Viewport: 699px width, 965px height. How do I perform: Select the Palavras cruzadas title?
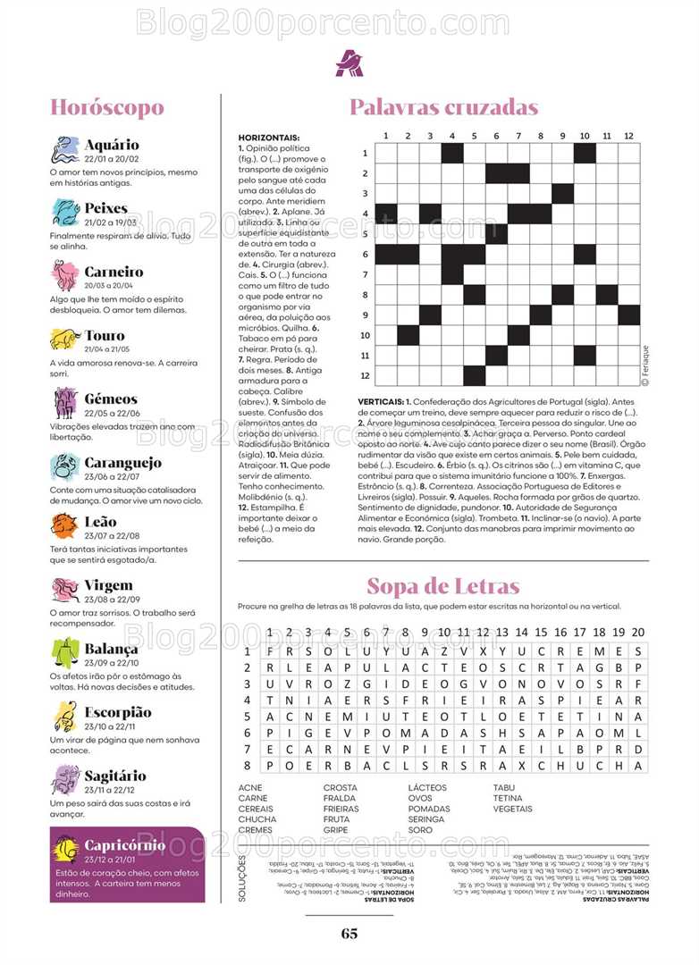tap(443, 108)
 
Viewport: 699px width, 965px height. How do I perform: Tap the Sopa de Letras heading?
tap(443, 587)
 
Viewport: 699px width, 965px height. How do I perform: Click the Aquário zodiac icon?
tap(65, 149)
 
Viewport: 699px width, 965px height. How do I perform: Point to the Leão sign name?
tap(100, 521)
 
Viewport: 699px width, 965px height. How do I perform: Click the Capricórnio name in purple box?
tap(124, 845)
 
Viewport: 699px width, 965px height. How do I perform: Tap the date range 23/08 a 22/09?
tap(112, 600)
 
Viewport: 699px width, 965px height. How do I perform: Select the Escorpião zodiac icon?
tap(65, 717)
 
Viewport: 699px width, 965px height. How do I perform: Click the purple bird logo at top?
tap(349, 63)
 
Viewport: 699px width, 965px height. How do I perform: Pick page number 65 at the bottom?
tap(349, 934)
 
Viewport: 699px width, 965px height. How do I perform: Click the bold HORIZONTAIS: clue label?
tap(269, 137)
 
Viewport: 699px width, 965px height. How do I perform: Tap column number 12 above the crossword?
tap(628, 136)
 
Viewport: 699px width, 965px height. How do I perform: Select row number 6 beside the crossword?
tap(366, 255)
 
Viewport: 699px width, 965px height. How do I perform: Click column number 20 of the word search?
tap(638, 633)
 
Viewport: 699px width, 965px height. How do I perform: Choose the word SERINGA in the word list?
tap(426, 819)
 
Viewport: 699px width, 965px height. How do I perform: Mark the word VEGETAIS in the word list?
tap(513, 809)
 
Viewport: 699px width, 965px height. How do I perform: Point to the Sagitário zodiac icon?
tap(65, 780)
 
